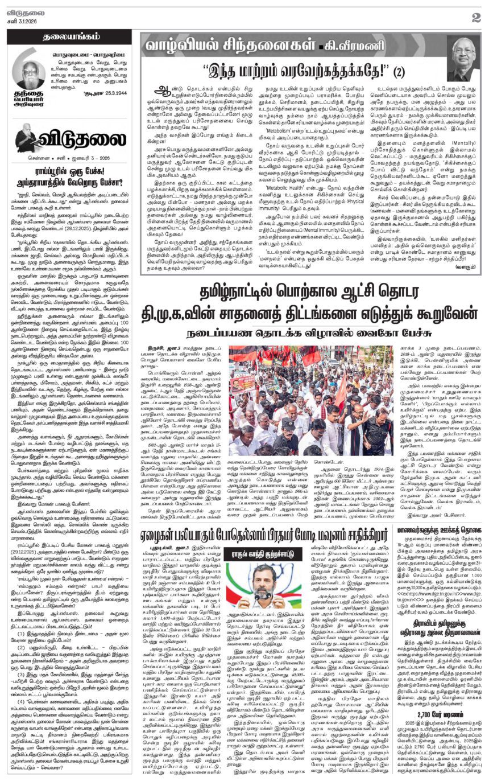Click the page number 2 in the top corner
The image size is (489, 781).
point(475,17)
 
